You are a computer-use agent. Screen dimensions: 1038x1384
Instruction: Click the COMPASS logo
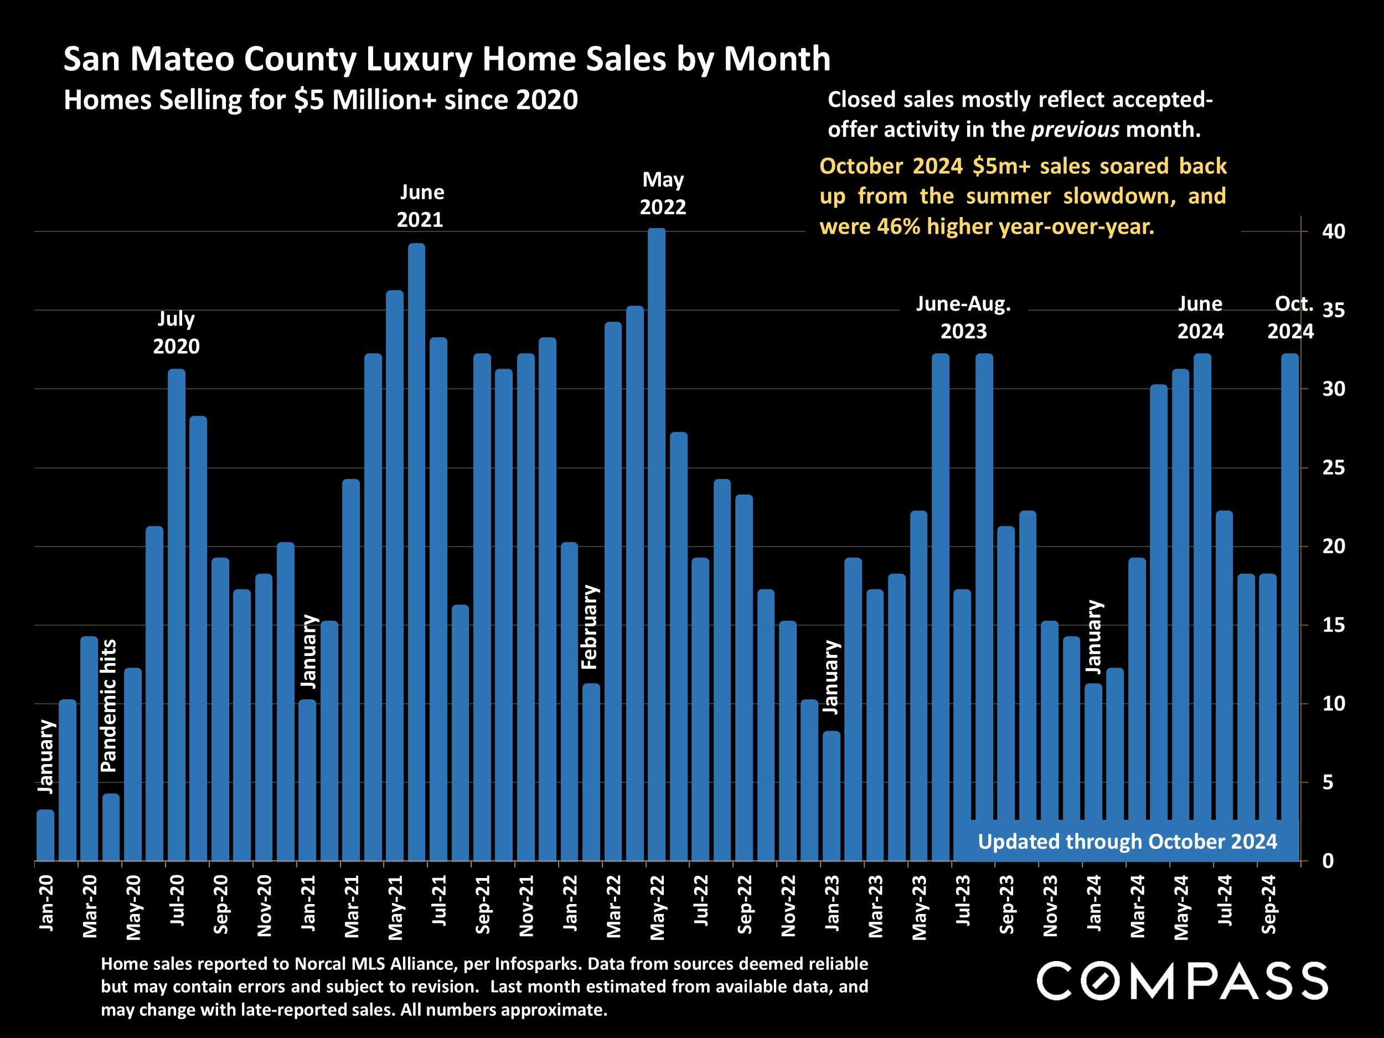(x=1182, y=980)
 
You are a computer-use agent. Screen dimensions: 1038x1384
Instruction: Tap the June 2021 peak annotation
(x=420, y=206)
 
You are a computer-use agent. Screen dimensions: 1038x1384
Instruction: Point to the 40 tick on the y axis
(x=1333, y=231)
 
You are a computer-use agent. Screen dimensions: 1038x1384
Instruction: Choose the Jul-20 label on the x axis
(x=178, y=900)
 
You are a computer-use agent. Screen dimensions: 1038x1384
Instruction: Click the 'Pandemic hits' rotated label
(x=109, y=705)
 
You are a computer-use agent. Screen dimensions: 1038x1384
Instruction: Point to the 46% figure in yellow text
(x=898, y=226)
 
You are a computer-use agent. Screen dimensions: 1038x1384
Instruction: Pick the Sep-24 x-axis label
(x=1268, y=905)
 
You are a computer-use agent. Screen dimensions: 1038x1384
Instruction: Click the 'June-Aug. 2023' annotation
(x=964, y=317)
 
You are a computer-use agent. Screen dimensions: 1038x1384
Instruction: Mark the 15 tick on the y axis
(x=1333, y=625)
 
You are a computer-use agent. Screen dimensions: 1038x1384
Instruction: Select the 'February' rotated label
(x=590, y=627)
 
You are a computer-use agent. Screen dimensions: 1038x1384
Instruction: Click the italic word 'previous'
(x=1075, y=130)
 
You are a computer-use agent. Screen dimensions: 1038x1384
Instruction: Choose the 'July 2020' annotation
(x=177, y=332)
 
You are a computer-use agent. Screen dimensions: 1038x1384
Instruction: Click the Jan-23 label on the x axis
(x=832, y=903)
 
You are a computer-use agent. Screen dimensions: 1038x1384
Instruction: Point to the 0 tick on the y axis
(x=1328, y=861)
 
